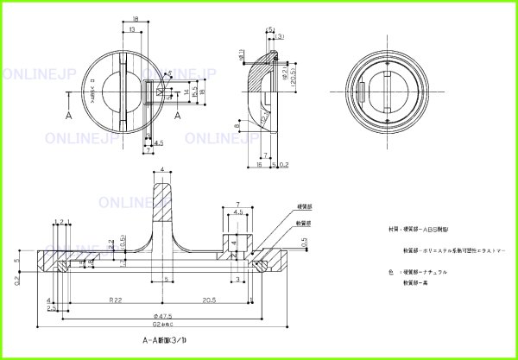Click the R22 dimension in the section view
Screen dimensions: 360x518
point(115,299)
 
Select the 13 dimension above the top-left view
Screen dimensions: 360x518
point(131,29)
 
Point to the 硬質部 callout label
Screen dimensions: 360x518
point(304,207)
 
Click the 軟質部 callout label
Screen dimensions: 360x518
point(304,222)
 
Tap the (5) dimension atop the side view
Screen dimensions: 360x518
point(271,29)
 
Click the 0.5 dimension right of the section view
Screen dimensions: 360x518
point(305,243)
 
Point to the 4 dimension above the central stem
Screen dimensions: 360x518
point(162,170)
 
